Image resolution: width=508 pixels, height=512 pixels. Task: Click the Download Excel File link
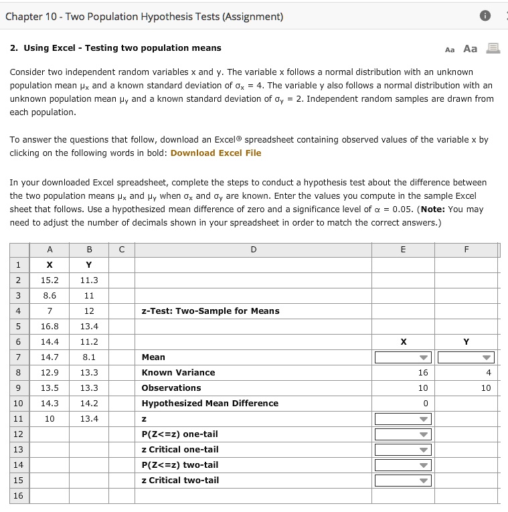216,153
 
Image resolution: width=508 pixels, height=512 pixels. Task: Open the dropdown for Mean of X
402,357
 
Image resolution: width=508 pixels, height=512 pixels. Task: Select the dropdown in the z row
402,419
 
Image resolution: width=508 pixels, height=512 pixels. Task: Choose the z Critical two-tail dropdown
402,481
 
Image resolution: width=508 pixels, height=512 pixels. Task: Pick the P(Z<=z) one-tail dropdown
402,434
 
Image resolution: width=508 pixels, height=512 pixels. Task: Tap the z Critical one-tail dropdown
402,450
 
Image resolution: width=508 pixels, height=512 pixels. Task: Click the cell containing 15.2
50,280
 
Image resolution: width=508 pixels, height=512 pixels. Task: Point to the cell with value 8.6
50,296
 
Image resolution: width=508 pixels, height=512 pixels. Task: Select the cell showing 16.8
50,327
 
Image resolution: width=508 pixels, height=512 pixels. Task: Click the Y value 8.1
88,357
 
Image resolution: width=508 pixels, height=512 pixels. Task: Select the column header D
253,250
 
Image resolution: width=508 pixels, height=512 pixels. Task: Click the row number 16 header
18,496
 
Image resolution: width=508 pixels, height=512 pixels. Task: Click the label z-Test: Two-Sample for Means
210,311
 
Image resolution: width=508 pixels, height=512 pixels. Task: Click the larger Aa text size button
471,49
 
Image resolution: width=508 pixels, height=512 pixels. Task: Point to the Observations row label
171,388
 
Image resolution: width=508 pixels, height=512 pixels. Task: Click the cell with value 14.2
88,404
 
